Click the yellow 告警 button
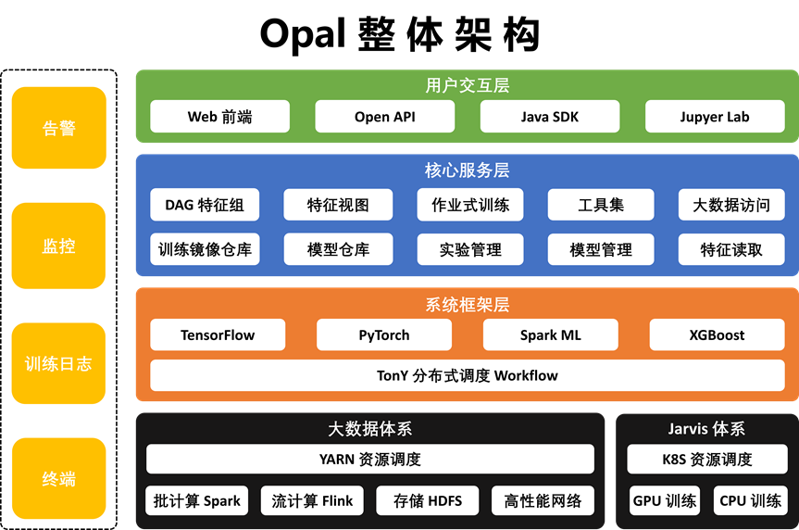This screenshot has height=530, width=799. (59, 128)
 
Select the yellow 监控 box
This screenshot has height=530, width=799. (59, 246)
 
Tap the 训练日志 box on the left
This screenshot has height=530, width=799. (59, 363)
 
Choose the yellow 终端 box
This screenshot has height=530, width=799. (59, 479)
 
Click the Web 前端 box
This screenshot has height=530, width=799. (219, 117)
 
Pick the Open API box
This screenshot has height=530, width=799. (384, 117)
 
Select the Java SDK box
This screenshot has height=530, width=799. (549, 117)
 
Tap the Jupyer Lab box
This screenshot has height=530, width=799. (714, 117)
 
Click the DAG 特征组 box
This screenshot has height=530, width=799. (205, 205)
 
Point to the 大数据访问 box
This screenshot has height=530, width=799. (731, 205)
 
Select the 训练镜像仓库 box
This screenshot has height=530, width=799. (205, 249)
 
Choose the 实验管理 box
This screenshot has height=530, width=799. (470, 249)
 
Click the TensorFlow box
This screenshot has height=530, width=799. (218, 335)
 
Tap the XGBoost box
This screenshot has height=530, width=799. (717, 335)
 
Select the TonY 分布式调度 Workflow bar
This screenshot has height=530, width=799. (468, 375)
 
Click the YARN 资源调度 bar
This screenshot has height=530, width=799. (370, 459)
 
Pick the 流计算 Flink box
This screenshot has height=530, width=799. (312, 501)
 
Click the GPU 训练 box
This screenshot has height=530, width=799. (664, 501)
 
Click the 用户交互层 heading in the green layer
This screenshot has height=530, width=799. (468, 85)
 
